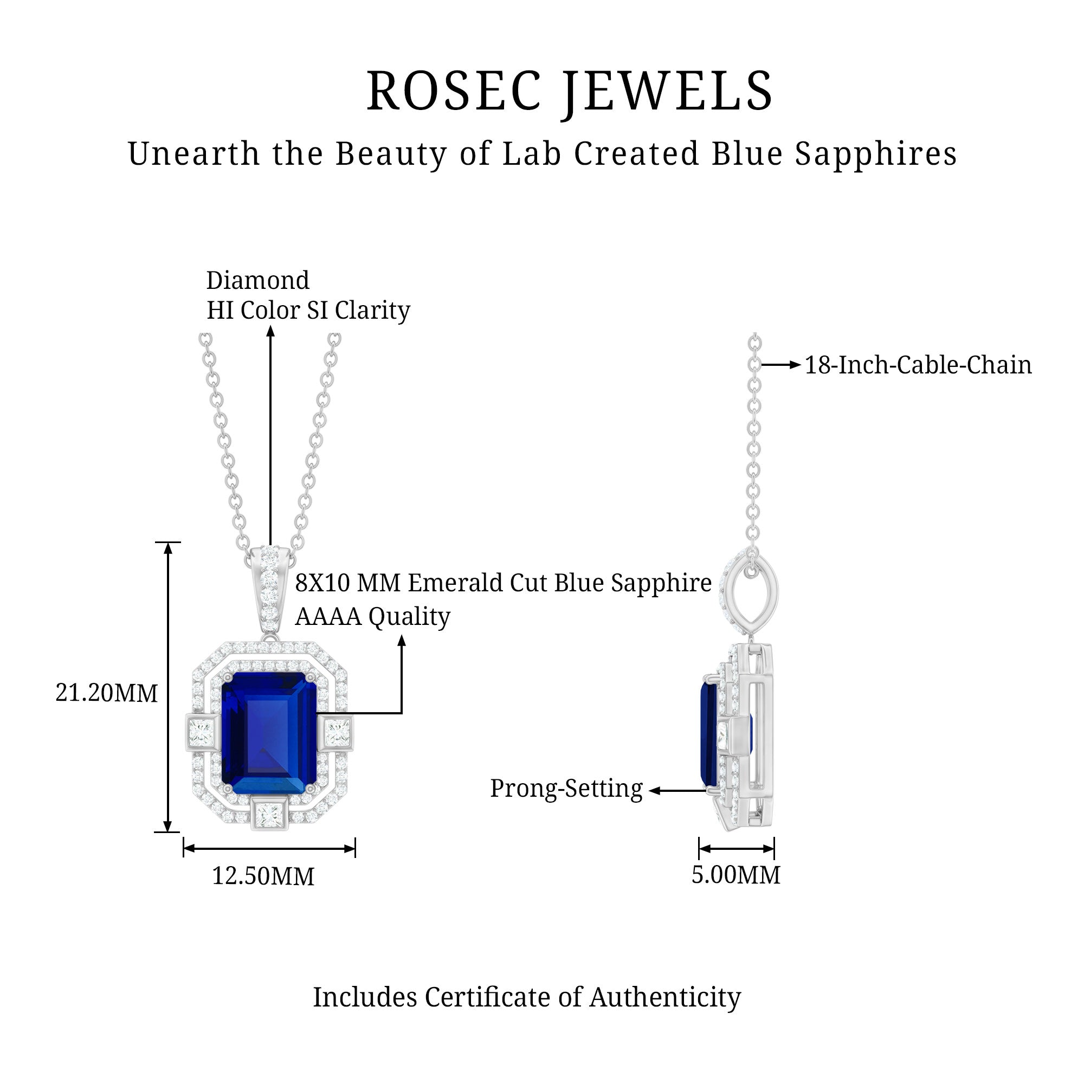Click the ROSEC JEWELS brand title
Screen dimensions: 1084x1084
570,92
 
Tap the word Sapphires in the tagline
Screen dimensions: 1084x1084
875,154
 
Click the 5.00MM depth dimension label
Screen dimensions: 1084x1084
735,875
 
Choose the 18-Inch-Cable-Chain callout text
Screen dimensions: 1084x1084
918,365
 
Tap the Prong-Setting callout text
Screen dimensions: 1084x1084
566,788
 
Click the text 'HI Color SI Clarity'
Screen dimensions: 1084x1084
308,310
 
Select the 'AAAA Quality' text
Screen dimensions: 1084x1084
372,617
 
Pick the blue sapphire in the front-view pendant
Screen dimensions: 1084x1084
269,730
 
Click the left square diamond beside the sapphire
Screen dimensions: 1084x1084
201,733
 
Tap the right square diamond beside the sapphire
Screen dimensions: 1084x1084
338,733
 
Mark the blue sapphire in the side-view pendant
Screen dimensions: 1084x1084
708,730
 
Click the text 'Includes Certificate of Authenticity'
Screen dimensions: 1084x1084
527,997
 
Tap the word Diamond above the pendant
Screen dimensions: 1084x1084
257,281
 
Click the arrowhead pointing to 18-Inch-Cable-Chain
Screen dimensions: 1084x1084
795,365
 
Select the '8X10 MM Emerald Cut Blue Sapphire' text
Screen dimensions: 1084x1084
504,583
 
